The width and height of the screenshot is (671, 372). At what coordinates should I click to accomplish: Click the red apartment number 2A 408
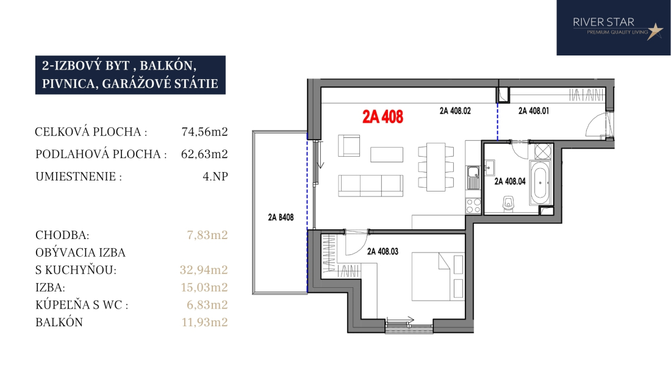point(382,116)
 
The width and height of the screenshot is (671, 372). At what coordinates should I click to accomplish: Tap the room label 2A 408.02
point(455,111)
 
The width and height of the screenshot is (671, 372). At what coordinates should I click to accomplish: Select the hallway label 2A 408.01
point(534,111)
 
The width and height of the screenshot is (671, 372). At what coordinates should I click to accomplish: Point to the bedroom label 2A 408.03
point(382,251)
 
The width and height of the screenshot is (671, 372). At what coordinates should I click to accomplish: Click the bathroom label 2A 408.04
point(510,181)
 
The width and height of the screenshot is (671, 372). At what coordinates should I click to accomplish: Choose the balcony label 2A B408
point(281,217)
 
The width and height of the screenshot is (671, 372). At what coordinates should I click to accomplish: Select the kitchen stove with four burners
point(473,206)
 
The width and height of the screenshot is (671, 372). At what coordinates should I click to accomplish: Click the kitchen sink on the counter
point(473,177)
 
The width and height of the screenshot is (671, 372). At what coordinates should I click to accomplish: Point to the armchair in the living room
point(349,145)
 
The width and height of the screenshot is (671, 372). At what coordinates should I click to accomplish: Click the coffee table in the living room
point(386,154)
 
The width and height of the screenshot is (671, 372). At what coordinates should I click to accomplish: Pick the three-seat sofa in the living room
point(371,185)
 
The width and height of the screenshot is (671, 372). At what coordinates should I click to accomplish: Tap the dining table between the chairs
point(436,167)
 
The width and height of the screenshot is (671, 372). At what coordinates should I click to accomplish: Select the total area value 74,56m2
point(204,132)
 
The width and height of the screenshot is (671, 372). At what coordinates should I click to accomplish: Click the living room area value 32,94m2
point(204,270)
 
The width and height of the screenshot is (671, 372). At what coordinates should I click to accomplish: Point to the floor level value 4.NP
point(215,177)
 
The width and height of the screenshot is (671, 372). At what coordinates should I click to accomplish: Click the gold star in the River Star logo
point(655,30)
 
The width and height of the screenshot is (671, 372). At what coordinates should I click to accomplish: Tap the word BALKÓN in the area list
point(59,322)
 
